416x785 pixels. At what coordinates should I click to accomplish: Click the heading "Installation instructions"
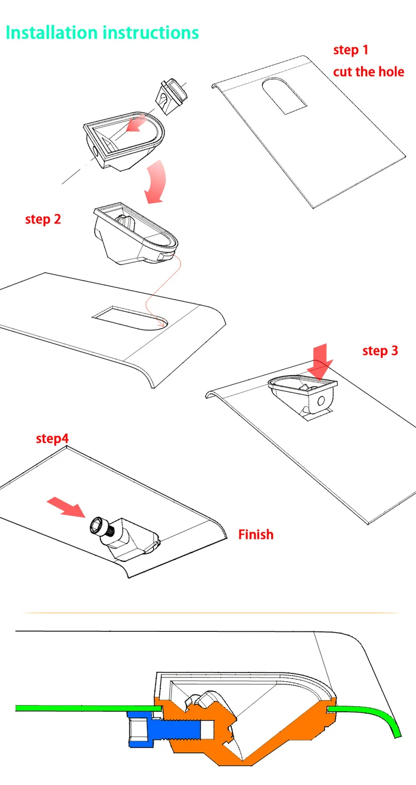coord(102,33)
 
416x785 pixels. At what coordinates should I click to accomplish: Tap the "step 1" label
coord(351,50)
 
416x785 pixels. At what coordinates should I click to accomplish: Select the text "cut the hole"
coord(369,72)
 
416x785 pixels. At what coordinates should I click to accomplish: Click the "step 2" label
coord(43,219)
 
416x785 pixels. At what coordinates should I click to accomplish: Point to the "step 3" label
coord(381,351)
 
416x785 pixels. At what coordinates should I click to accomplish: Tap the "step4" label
coord(52,438)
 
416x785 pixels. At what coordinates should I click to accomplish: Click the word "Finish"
coord(256,534)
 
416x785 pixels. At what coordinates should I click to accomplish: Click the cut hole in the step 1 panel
coord(284,95)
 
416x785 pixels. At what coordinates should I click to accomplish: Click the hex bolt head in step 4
coord(97,525)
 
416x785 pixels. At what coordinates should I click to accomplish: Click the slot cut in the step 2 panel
coord(130,318)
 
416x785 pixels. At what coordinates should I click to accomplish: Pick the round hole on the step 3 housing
coord(321,401)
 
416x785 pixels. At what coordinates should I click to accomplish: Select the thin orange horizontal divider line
coord(210,613)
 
